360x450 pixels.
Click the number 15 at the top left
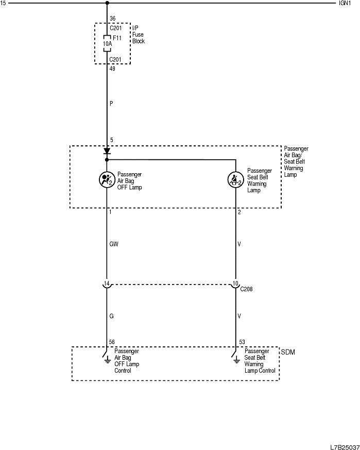4,3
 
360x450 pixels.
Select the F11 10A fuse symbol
107,44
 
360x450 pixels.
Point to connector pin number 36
113,19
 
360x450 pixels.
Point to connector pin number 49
113,68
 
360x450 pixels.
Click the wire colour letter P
111,104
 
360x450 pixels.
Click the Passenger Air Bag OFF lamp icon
107,179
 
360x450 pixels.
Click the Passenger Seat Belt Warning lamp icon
236,179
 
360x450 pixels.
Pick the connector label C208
247,289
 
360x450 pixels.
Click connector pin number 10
236,284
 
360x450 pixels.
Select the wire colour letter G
112,315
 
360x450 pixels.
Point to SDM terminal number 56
112,342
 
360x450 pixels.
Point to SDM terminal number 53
242,342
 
